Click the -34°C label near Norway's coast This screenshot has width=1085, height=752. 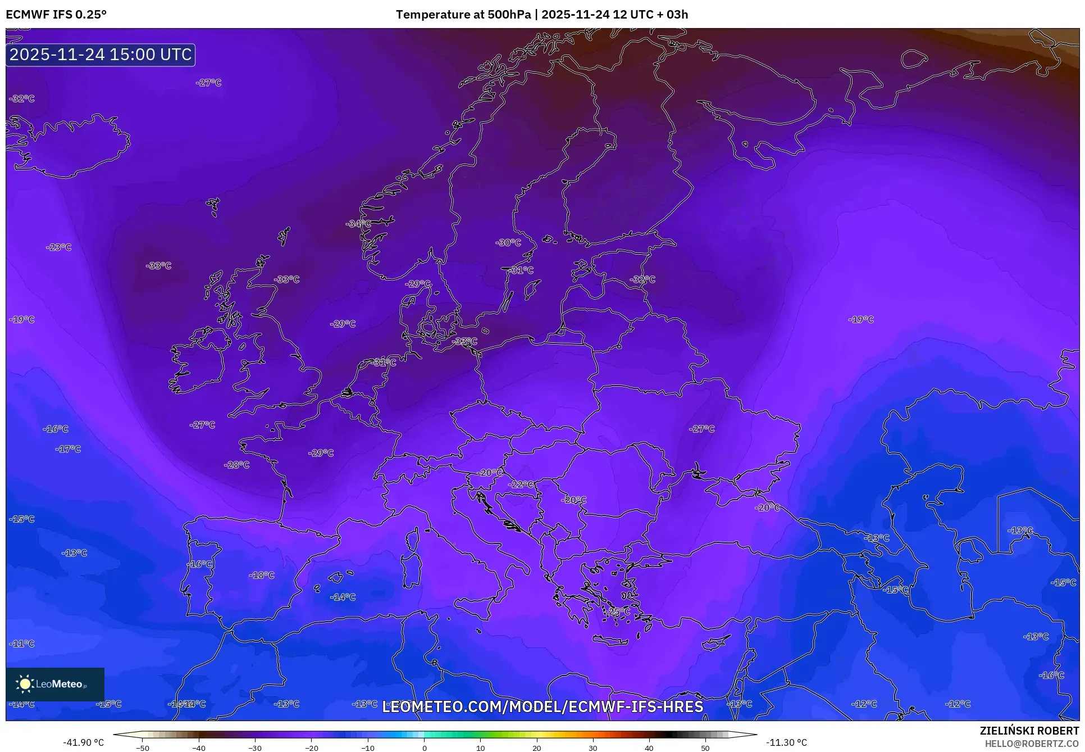point(358,224)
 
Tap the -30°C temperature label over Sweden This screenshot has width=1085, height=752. point(508,243)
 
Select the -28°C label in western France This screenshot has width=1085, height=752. point(236,465)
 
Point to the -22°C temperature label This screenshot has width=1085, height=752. point(521,484)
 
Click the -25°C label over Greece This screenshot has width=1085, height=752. point(618,611)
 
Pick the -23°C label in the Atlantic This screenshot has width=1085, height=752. point(59,247)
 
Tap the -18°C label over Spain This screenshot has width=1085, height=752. point(262,575)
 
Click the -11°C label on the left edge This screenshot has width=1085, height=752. point(22,644)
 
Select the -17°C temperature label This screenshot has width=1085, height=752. point(68,449)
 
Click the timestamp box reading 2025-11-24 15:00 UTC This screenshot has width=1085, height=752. point(101,55)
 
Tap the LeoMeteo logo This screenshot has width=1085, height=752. point(55,684)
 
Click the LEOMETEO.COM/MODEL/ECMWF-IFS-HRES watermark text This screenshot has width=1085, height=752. point(542,706)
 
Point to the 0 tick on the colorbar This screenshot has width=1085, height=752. point(424,748)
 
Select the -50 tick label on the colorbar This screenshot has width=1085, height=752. point(143,748)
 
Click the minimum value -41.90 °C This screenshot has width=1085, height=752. point(83,742)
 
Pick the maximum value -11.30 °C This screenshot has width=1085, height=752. point(786,742)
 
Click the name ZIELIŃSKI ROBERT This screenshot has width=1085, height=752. point(1029,731)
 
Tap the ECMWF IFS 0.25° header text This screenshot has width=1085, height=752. point(56,15)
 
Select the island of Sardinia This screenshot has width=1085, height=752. point(412,570)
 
